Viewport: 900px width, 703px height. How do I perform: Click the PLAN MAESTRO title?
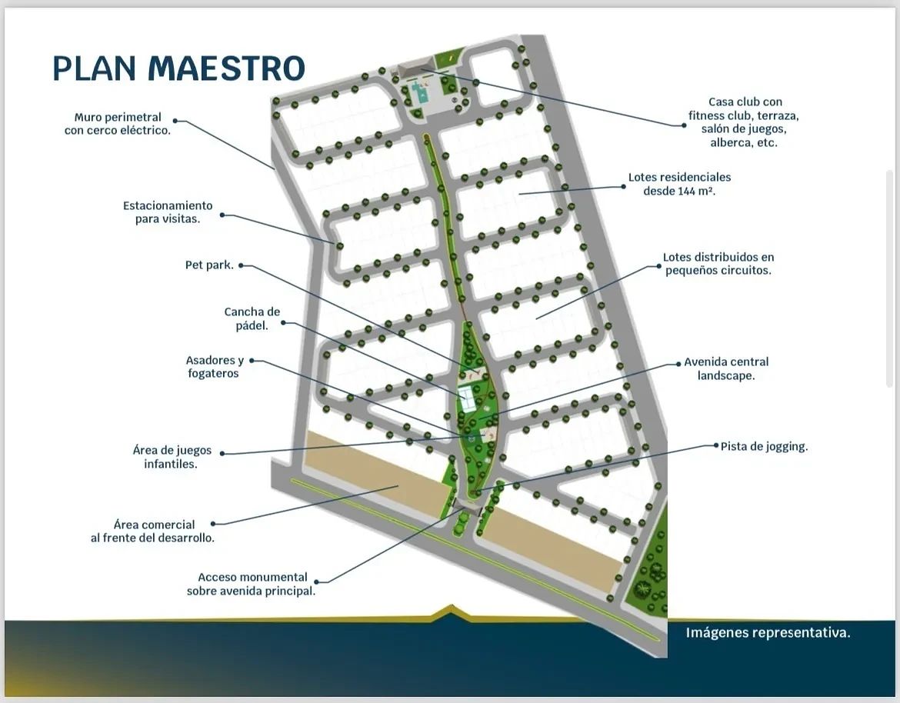pos(178,68)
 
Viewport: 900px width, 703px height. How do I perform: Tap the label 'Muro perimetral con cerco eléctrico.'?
pos(118,124)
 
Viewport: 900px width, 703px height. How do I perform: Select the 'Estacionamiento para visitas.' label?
pos(168,212)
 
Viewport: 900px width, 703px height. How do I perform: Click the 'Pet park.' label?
pos(209,265)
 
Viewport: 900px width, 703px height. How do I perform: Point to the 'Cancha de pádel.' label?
pos(252,318)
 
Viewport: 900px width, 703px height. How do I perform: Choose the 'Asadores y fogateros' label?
pos(214,367)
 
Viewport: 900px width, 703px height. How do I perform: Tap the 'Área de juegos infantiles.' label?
pos(172,457)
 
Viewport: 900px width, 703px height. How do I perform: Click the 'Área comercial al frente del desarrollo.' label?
pos(152,531)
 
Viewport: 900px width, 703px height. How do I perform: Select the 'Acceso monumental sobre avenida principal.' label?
pos(252,584)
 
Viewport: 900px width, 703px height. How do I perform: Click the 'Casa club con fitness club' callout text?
pos(744,122)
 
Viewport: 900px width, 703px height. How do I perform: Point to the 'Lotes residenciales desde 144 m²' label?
pos(679,184)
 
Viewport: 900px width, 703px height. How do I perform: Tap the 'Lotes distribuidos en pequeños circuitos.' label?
pos(718,263)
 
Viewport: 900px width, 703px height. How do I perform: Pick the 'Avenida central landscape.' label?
pos(726,368)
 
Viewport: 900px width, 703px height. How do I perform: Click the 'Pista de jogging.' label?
pos(764,446)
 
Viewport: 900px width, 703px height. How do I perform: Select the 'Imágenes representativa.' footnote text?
pos(768,632)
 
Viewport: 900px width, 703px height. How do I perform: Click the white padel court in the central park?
pos(465,398)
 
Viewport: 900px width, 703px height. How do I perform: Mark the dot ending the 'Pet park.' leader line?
pos(241,265)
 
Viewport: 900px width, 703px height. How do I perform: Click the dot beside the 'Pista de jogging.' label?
pos(715,445)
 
